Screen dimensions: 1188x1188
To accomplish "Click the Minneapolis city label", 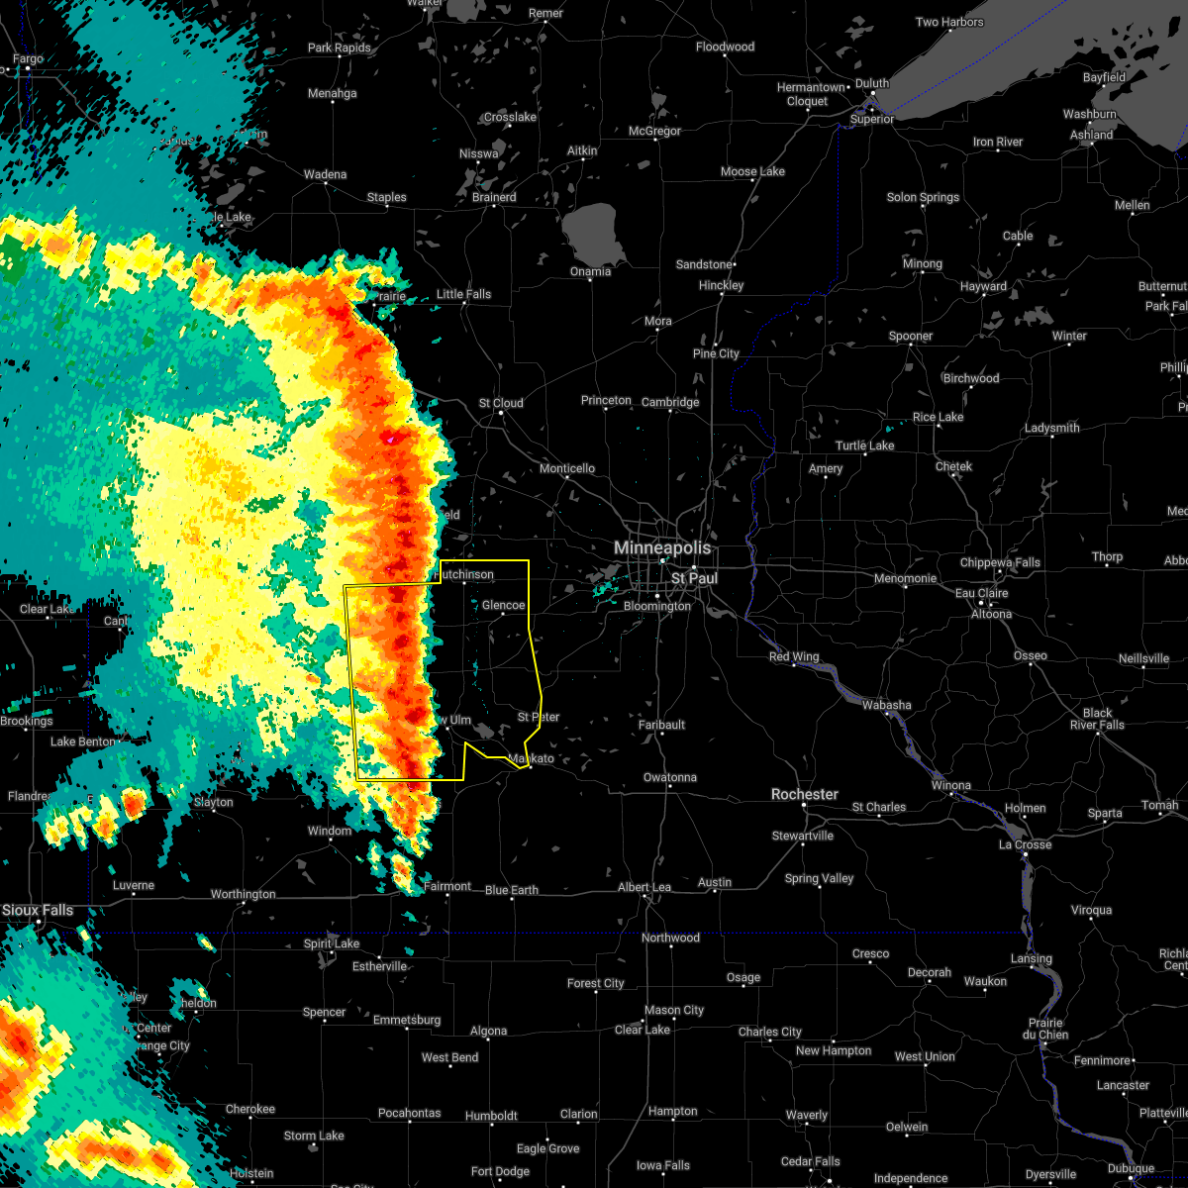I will pyautogui.click(x=662, y=547).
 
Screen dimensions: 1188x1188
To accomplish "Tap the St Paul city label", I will pyautogui.click(x=694, y=578).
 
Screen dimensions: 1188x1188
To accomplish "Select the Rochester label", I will pyautogui.click(x=805, y=795).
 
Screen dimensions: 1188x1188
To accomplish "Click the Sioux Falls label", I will pyautogui.click(x=38, y=910).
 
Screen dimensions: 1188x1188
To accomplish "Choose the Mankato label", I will pyautogui.click(x=531, y=759).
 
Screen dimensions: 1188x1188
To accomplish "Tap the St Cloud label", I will pyautogui.click(x=501, y=403).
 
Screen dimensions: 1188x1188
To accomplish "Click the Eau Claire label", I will pyautogui.click(x=981, y=593).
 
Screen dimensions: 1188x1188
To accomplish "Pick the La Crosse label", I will pyautogui.click(x=1025, y=844).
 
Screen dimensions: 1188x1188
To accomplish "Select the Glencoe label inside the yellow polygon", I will pyautogui.click(x=503, y=605).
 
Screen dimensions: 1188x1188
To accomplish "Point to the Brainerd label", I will pyautogui.click(x=494, y=197).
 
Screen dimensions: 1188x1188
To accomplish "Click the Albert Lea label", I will pyautogui.click(x=643, y=887).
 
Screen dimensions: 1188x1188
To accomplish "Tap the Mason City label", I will pyautogui.click(x=674, y=1010).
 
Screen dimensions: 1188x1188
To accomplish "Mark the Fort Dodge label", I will pyautogui.click(x=500, y=1171).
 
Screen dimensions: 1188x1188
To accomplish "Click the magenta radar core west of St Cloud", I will pyautogui.click(x=392, y=438).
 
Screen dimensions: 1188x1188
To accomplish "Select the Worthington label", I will pyautogui.click(x=243, y=894).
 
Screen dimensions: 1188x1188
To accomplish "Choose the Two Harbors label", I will pyautogui.click(x=949, y=22).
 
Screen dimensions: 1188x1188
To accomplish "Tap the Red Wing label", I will pyautogui.click(x=794, y=657).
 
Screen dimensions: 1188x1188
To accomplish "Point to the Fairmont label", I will pyautogui.click(x=447, y=886).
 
